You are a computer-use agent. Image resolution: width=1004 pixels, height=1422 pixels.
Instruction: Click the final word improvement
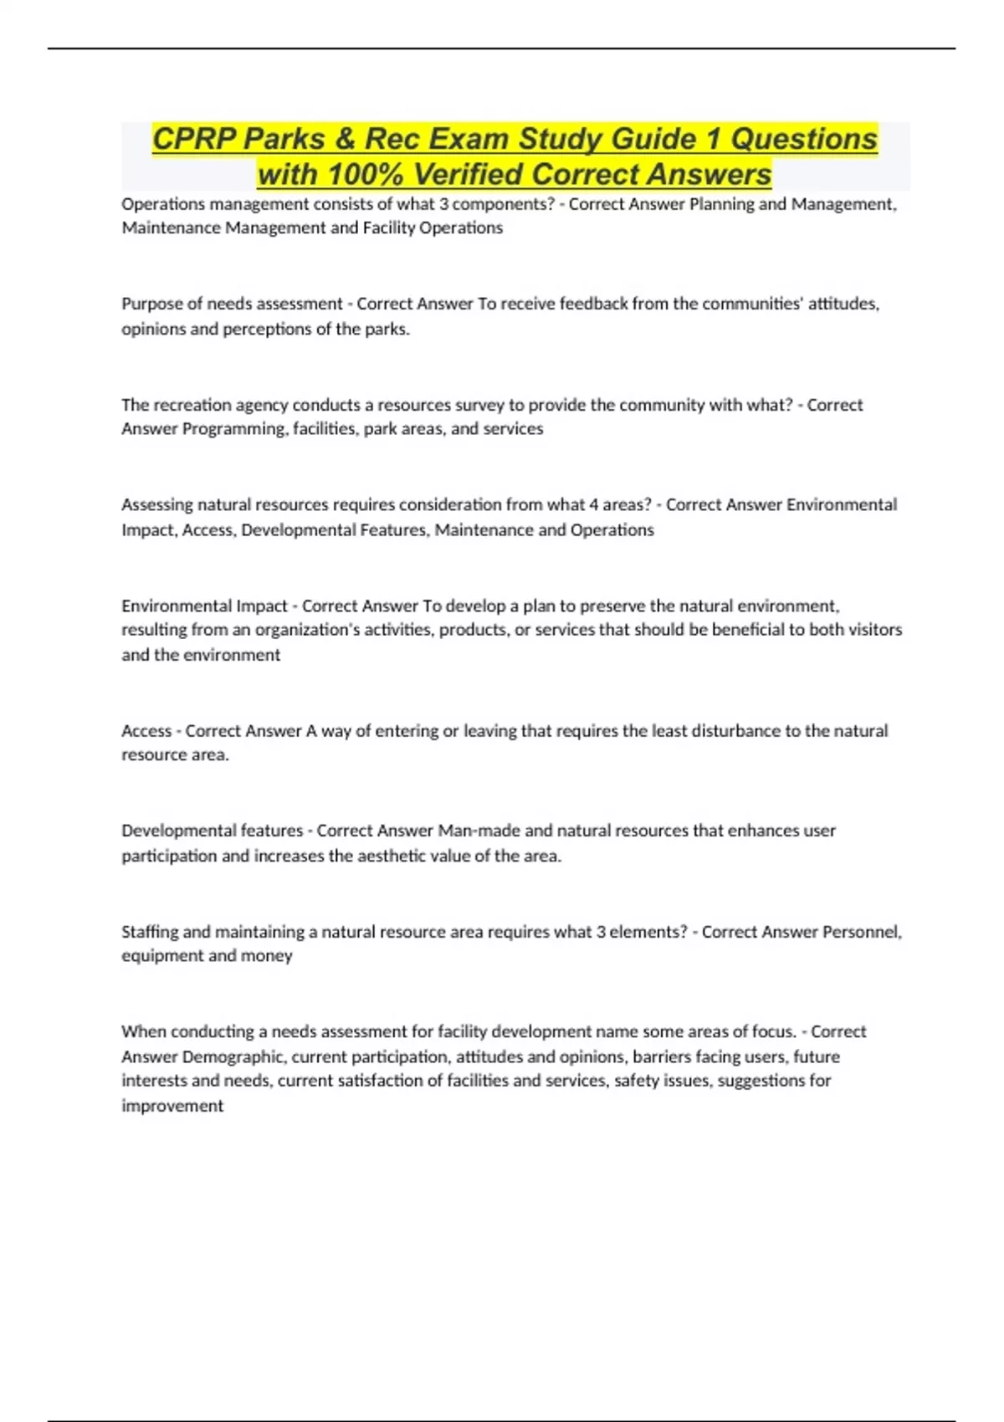point(172,1106)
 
